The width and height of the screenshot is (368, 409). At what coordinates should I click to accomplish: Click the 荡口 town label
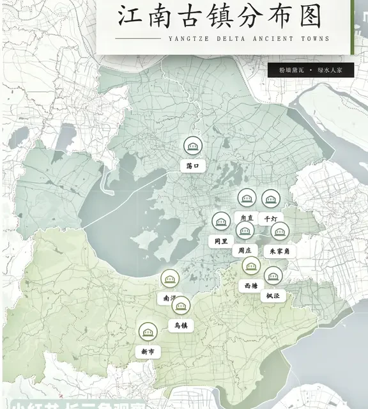pyautogui.click(x=193, y=166)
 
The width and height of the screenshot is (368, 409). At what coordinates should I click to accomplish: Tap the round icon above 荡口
pyautogui.click(x=193, y=146)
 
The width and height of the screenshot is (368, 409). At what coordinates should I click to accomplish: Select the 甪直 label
pyautogui.click(x=246, y=218)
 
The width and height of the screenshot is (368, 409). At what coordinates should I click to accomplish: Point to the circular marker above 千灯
pyautogui.click(x=270, y=199)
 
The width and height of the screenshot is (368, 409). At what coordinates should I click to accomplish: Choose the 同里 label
pyautogui.click(x=220, y=241)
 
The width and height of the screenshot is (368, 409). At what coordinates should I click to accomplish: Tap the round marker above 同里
pyautogui.click(x=221, y=222)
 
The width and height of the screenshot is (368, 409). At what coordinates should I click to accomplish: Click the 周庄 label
pyautogui.click(x=244, y=250)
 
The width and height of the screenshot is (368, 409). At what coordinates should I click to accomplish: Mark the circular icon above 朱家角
pyautogui.click(x=280, y=231)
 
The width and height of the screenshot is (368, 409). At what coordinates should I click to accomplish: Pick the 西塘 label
pyautogui.click(x=251, y=285)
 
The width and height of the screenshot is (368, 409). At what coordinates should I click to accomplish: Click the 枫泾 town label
pyautogui.click(x=273, y=295)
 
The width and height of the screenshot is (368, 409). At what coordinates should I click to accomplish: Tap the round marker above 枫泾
pyautogui.click(x=273, y=275)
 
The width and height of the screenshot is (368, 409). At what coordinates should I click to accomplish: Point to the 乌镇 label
pyautogui.click(x=180, y=325)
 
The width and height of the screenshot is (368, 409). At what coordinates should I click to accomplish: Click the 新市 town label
pyautogui.click(x=148, y=351)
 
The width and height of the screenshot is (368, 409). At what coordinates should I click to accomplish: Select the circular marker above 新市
pyautogui.click(x=148, y=332)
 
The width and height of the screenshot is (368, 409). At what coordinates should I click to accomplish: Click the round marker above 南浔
pyautogui.click(x=170, y=279)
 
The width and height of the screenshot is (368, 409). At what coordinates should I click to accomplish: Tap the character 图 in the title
pyautogui.click(x=309, y=17)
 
